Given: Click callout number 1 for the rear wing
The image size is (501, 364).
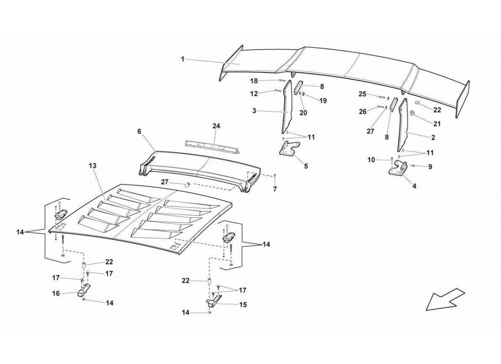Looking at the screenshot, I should pyautogui.click(x=183, y=59).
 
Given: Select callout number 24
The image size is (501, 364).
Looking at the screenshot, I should pyautogui.click(x=216, y=126).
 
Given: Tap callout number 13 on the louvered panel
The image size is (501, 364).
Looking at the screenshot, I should pyautogui.click(x=92, y=167).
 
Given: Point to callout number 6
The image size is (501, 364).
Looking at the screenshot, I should pyautogui.click(x=139, y=131).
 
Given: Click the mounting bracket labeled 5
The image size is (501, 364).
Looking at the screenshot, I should pyautogui.click(x=288, y=149).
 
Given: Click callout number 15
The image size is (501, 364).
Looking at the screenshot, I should pyautogui.click(x=243, y=305).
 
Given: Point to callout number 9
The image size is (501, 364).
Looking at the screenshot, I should pyautogui.click(x=430, y=167).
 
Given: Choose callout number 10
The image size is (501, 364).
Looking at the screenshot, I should pyautogui.click(x=371, y=160).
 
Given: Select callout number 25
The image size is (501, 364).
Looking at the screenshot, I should pyautogui.click(x=362, y=94).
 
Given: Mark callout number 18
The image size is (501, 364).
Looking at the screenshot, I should pyautogui.click(x=254, y=81).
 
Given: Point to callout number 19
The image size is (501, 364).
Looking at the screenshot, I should pyautogui.click(x=323, y=101).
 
